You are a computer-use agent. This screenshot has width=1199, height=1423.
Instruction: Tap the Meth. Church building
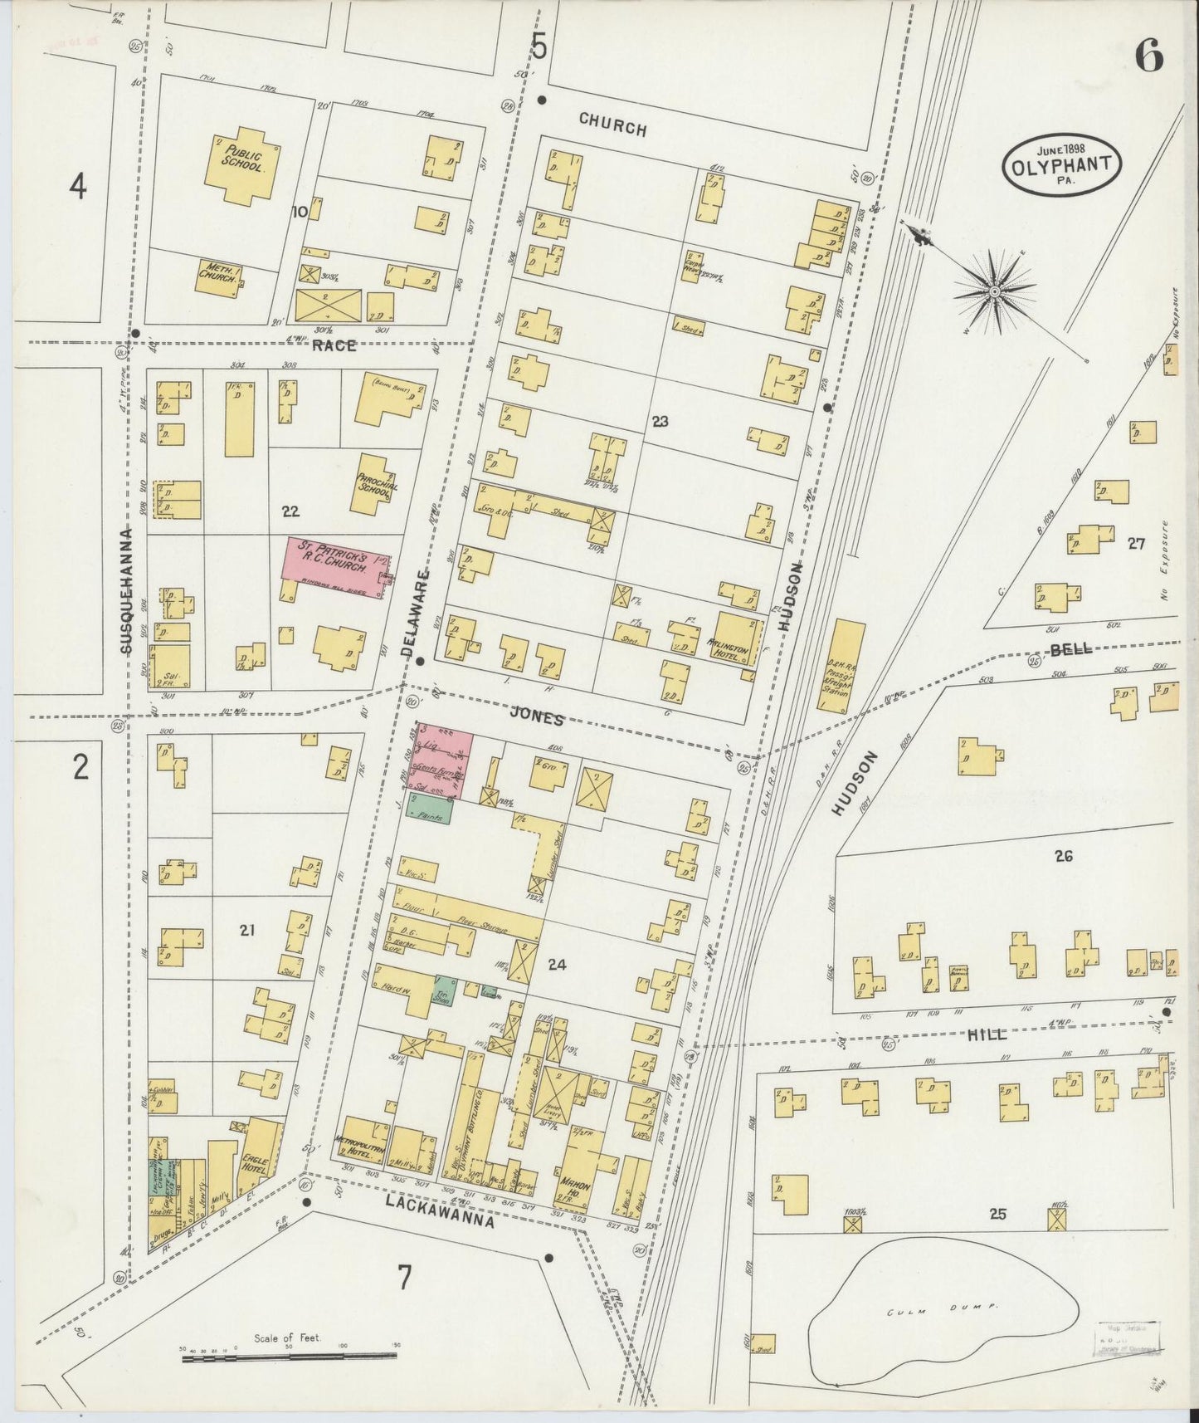click(219, 276)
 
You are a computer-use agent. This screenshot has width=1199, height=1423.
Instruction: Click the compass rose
click(994, 291)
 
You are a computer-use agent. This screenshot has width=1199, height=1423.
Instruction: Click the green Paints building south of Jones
click(430, 810)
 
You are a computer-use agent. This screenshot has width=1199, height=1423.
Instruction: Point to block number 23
click(660, 422)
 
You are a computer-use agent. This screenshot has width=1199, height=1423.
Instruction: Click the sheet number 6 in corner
click(1149, 57)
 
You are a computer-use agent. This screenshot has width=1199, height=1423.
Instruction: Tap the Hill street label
click(987, 1034)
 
